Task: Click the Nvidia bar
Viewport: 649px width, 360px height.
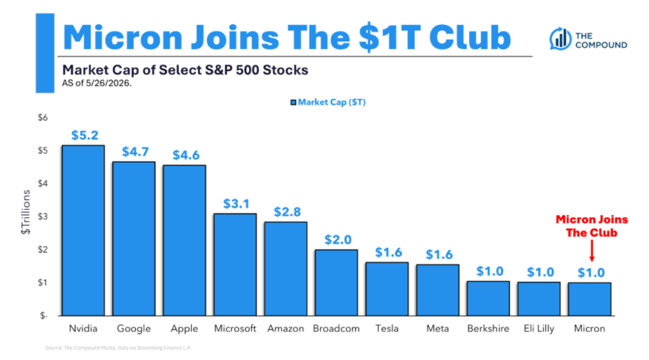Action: coord(83,230)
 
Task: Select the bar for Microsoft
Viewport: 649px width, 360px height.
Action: coord(235,265)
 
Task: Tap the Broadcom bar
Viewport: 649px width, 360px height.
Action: coord(336,283)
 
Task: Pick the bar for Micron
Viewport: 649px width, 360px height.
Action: coord(589,299)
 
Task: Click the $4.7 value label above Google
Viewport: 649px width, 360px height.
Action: coord(135,151)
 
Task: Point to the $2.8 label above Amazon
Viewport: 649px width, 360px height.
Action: coord(287,212)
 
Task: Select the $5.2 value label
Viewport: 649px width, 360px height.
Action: coord(85,135)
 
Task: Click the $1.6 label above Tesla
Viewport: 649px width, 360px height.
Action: coord(388,252)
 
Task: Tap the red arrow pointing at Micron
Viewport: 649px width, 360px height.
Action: coord(592,251)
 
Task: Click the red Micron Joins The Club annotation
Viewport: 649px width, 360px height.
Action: coord(592,226)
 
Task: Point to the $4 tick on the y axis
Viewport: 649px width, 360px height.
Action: coord(42,183)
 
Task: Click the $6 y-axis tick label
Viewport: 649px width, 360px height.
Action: coord(42,118)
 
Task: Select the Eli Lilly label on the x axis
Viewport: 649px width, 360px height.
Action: coord(539,328)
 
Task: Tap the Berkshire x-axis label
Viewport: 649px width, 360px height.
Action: coord(489,328)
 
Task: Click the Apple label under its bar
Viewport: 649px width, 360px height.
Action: coord(184,329)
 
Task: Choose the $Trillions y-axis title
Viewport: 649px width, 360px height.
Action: coord(26,212)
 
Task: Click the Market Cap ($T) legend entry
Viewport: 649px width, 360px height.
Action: coord(328,102)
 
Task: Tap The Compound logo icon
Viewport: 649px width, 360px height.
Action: coord(560,38)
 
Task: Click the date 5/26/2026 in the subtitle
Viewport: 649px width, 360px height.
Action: coord(108,83)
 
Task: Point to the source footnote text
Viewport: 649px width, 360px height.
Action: coord(119,348)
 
